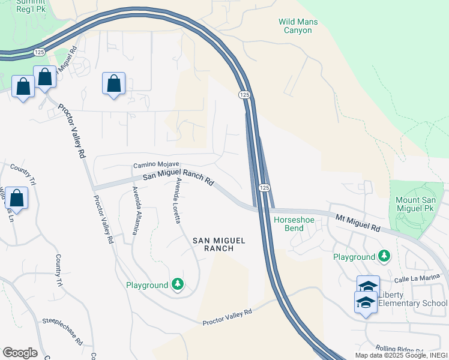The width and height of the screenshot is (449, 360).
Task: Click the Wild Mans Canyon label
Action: click(x=298, y=26)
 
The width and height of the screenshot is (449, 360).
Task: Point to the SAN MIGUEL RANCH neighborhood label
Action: click(x=219, y=244)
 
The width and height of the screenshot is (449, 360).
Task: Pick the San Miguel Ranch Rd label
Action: click(x=178, y=179)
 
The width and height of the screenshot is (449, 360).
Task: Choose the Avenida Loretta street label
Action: click(x=177, y=202)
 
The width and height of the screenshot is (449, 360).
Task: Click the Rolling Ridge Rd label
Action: click(x=399, y=349)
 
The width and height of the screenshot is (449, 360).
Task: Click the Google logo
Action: click(x=20, y=353)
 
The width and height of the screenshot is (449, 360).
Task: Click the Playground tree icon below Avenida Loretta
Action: click(x=176, y=284)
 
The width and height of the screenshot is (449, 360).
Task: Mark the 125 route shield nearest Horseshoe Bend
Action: click(x=264, y=188)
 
